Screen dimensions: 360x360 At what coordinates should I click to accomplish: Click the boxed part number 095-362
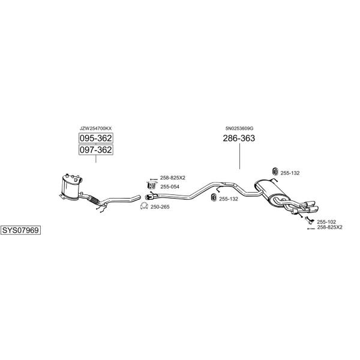96,138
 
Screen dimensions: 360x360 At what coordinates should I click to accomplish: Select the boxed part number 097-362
96,149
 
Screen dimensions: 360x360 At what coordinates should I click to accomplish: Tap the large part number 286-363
239,138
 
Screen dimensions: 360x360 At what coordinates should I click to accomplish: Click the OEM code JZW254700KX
95,128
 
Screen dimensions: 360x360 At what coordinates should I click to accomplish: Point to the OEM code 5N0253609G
239,128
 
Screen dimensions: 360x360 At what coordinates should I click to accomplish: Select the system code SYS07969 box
20,230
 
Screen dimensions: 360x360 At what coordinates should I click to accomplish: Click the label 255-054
170,187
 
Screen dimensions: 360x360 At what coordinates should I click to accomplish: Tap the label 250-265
160,207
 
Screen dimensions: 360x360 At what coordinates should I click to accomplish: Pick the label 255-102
326,222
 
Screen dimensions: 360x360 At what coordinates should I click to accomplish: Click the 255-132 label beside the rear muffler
290,173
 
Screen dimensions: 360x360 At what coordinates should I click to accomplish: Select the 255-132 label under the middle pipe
229,199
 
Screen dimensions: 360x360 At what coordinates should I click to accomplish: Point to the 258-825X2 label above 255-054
173,178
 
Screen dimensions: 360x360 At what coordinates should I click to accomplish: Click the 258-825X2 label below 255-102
329,227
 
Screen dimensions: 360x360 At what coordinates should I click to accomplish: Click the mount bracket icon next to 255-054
151,185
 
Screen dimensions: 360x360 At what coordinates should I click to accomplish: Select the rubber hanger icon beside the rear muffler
275,172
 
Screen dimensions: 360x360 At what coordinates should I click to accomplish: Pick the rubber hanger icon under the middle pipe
214,197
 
